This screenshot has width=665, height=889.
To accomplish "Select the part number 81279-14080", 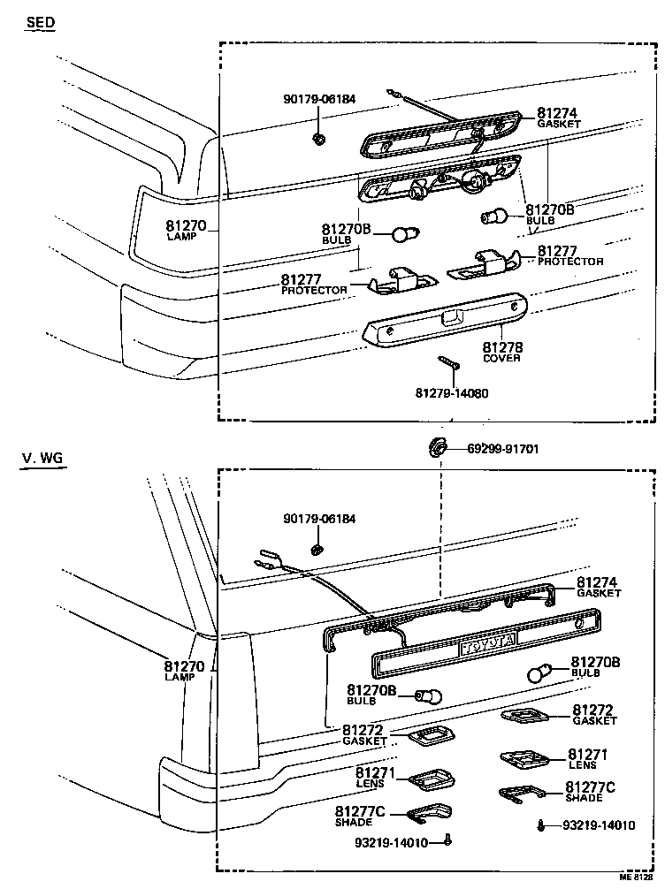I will coord(451,392).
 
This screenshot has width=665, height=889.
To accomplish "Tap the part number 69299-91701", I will coord(503,449).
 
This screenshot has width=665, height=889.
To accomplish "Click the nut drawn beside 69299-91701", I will coord(435,446).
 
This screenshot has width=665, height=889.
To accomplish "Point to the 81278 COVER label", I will coord(501,353).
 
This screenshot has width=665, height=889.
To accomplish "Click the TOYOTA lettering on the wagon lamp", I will coord(487,647).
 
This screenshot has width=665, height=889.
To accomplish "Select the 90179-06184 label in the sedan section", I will coord(319,100).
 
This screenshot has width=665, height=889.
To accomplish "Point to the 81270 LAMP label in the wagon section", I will coord(185,671).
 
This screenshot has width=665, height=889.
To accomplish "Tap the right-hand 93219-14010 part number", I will coord(599,825).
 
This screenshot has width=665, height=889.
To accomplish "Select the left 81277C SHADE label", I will coord(358,816).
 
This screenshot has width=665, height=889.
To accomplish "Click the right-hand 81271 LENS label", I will coord(587,759).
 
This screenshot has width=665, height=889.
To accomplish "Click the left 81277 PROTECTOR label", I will coord(314,285).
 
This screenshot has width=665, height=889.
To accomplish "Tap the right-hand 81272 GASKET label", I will coord(594,714).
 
